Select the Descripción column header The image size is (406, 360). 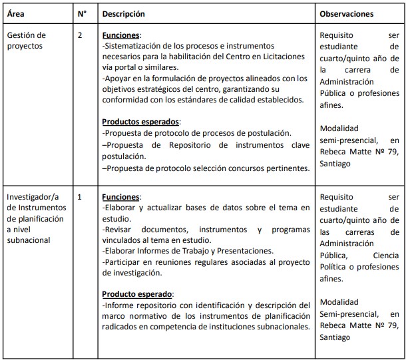coord(123,13)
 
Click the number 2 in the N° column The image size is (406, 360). coord(80,35)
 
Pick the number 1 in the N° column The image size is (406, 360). coord(80,197)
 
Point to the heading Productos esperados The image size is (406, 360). coord(140,122)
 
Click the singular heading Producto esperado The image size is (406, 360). coord(137,293)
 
